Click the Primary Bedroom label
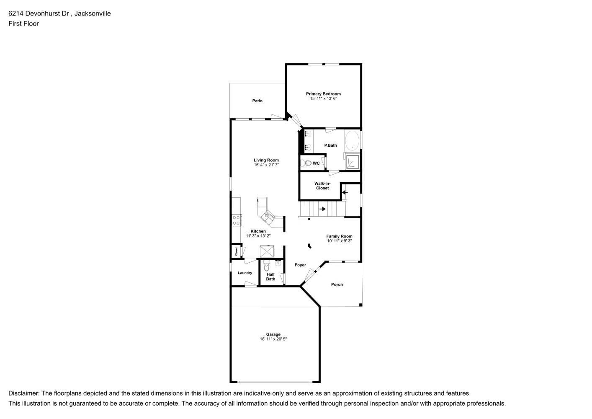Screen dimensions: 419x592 (x=323, y=94)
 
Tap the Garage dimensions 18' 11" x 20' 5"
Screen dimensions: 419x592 (x=273, y=339)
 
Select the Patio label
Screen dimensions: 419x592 (x=257, y=101)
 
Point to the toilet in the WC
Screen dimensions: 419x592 (x=307, y=163)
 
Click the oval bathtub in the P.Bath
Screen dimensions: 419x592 (x=352, y=141)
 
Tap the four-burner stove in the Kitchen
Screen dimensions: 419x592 (x=237, y=220)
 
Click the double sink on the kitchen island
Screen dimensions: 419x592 (x=267, y=217)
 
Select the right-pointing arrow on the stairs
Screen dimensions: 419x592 (x=322, y=209)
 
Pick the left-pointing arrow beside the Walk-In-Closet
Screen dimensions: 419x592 (x=345, y=193)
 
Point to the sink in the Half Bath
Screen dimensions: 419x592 (x=278, y=263)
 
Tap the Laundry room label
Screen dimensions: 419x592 (x=245, y=273)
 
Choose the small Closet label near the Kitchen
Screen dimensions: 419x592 (x=236, y=251)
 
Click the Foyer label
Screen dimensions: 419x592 (x=300, y=265)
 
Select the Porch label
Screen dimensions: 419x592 (x=337, y=285)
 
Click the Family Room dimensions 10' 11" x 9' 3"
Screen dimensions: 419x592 (x=340, y=241)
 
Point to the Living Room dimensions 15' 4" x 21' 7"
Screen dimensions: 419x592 (x=266, y=165)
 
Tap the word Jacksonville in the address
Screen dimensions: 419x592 (x=93, y=13)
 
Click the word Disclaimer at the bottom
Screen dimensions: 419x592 (x=23, y=393)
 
